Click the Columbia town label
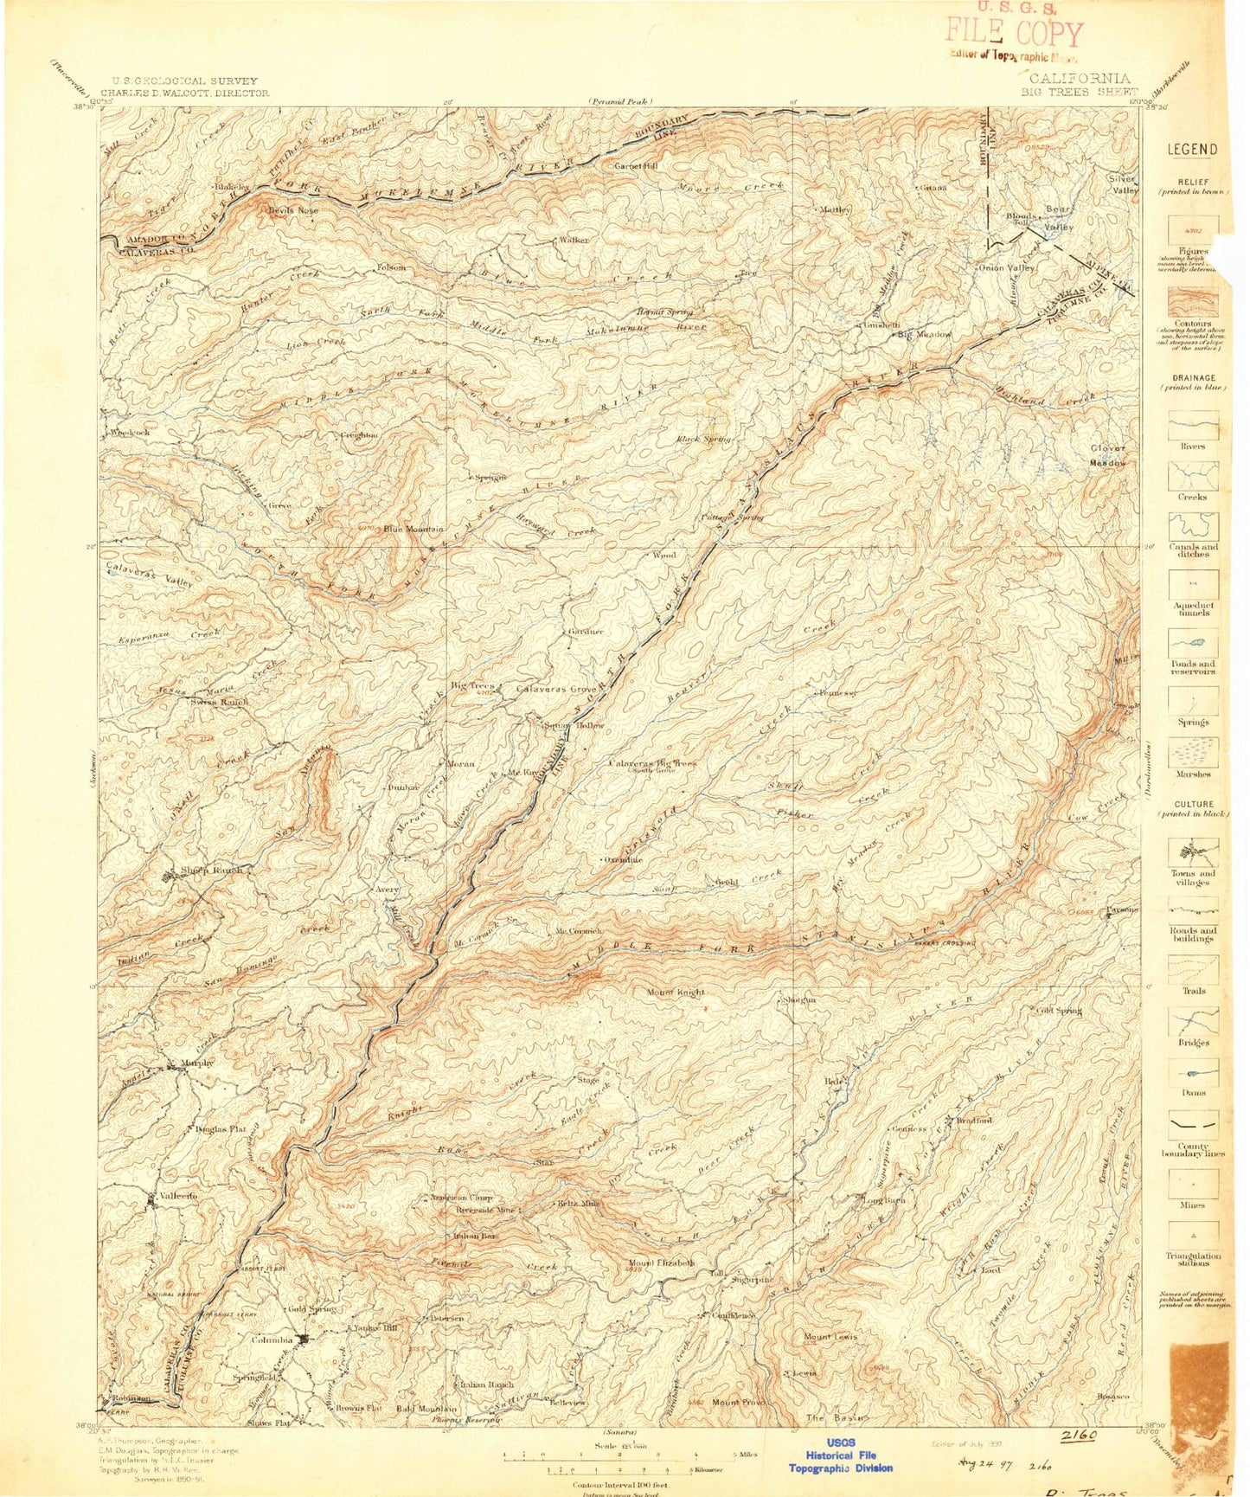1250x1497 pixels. pos(272,1340)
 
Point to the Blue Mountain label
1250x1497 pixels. pos(413,529)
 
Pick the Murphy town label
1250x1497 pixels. pos(196,1063)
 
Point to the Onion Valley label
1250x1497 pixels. pos(1006,267)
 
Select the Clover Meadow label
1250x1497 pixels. pos(1108,455)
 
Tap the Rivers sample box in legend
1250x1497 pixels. pos(1193,426)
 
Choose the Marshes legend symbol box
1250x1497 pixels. pos(1193,752)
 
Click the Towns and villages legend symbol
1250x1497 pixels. pos(1193,852)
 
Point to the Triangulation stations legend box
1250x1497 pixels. pos(1193,1235)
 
